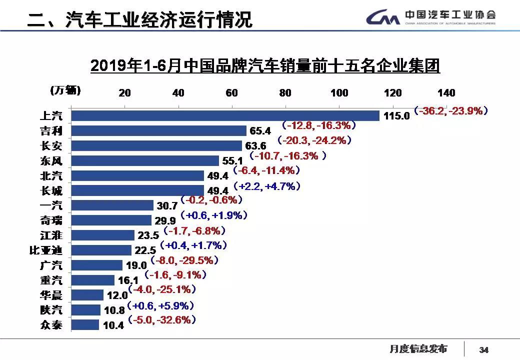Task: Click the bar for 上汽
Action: [225, 115]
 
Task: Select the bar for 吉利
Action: [159, 130]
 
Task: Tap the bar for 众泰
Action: [85, 325]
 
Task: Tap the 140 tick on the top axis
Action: [446, 93]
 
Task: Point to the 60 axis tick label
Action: [231, 93]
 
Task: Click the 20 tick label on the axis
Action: [124, 93]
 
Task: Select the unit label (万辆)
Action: [65, 90]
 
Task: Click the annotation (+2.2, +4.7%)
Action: [269, 186]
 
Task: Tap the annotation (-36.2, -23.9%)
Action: [450, 111]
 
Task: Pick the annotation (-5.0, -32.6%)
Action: [162, 319]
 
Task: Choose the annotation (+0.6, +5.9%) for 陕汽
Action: [160, 305]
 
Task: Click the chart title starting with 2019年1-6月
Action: [265, 66]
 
